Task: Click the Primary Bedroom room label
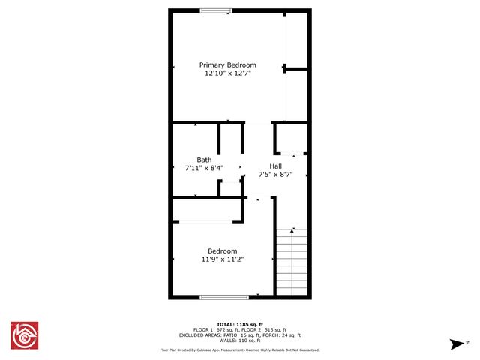tap(227, 65)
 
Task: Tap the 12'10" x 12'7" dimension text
tap(227, 73)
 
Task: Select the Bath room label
tap(204, 160)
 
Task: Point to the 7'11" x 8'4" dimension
tap(204, 169)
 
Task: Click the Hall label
tap(276, 166)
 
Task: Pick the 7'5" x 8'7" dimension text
tap(276, 175)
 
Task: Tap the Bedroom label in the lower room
tap(223, 250)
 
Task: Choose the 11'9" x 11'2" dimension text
tap(223, 259)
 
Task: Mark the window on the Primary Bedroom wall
tap(216, 10)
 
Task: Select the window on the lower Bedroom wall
tap(223, 297)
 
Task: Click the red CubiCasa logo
tap(24, 335)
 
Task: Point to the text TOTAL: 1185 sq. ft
tap(239, 325)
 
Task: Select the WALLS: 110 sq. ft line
tap(239, 340)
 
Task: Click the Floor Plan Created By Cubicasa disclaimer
tap(239, 349)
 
